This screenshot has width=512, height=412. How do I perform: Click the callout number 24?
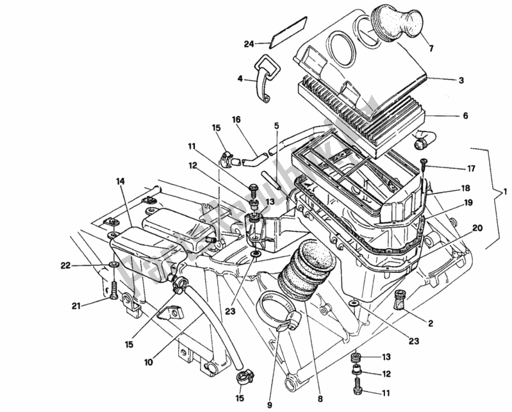(249, 44)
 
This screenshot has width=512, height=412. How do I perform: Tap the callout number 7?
(431, 49)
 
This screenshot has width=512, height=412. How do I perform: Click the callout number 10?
(148, 363)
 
